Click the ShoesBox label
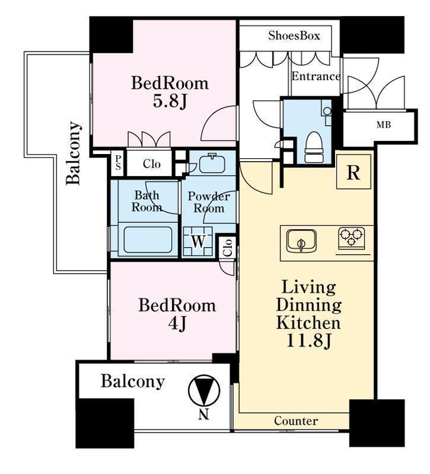tap(294, 36)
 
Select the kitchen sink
tap(301, 241)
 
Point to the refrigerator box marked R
tap(353, 171)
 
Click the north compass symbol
tap(204, 390)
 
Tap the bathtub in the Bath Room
tap(148, 240)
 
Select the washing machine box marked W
tap(198, 242)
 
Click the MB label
tap(384, 124)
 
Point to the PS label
tap(117, 164)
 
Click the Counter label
tap(296, 421)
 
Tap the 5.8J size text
tap(170, 101)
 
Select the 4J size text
tap(177, 324)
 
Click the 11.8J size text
tap(308, 341)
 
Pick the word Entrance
tap(316, 76)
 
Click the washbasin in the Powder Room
tap(213, 164)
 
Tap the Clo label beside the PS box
tap(152, 164)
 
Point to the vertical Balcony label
tap(74, 153)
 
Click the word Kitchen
tap(308, 322)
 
